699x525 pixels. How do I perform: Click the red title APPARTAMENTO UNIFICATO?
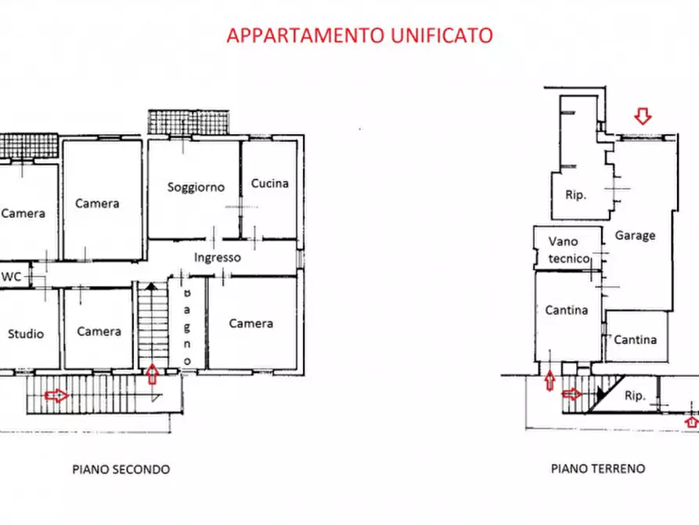pyautogui.click(x=359, y=35)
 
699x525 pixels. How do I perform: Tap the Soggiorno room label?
pyautogui.click(x=196, y=187)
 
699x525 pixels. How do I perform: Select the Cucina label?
pyautogui.click(x=269, y=183)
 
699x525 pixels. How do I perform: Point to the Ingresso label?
pyautogui.click(x=218, y=257)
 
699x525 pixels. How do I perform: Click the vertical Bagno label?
pyautogui.click(x=187, y=324)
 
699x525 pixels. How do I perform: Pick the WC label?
pyautogui.click(x=12, y=276)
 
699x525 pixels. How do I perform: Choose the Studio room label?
pyautogui.click(x=26, y=334)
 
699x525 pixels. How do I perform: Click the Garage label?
pyautogui.click(x=635, y=235)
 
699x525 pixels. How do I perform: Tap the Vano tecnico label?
pyautogui.click(x=567, y=250)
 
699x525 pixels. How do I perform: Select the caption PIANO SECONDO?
pyautogui.click(x=121, y=469)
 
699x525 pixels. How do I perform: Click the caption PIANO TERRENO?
pyautogui.click(x=598, y=469)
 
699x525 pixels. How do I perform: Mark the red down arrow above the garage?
pyautogui.click(x=643, y=117)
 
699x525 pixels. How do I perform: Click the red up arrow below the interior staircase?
pyautogui.click(x=153, y=374)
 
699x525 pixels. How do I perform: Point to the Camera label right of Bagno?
pyautogui.click(x=251, y=323)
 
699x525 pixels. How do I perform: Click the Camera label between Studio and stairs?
pyautogui.click(x=99, y=331)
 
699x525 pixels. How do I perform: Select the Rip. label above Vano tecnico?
pyautogui.click(x=576, y=194)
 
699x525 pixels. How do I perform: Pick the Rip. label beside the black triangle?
pyautogui.click(x=635, y=396)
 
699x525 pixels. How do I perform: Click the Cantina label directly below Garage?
pyautogui.click(x=635, y=339)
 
